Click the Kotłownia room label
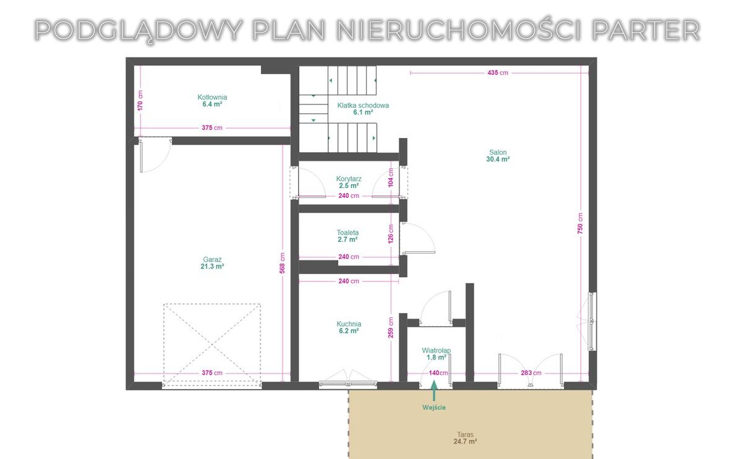click(212, 101)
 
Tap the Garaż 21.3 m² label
click(212, 263)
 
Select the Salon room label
click(498, 155)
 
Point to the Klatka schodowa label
click(363, 109)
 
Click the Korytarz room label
click(349, 182)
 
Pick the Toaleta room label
click(348, 236)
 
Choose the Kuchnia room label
click(349, 327)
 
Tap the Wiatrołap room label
click(437, 354)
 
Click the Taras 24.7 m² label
click(465, 438)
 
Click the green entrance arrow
click(434, 390)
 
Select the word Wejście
click(434, 408)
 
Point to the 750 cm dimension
click(581, 223)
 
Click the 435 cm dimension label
click(498, 72)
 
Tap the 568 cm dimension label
click(282, 263)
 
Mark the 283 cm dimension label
click(531, 373)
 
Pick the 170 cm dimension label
click(140, 100)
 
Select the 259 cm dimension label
click(391, 327)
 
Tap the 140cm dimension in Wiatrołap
click(438, 373)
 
